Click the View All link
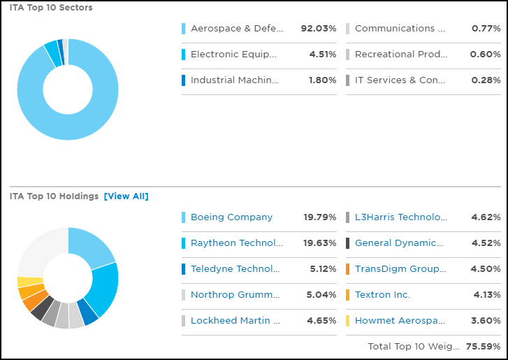click(126, 196)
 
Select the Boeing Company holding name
click(231, 217)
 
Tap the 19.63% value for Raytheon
click(320, 243)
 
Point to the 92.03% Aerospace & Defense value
click(319, 29)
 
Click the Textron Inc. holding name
click(382, 295)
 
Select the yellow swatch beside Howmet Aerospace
click(348, 321)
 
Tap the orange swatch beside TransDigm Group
click(348, 269)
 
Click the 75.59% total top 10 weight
click(484, 347)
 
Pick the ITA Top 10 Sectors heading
click(51, 8)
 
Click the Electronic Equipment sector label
click(233, 55)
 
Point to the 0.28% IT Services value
click(486, 80)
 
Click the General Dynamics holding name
click(399, 243)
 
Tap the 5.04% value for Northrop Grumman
click(321, 295)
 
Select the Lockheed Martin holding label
click(235, 321)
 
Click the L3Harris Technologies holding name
click(400, 217)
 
